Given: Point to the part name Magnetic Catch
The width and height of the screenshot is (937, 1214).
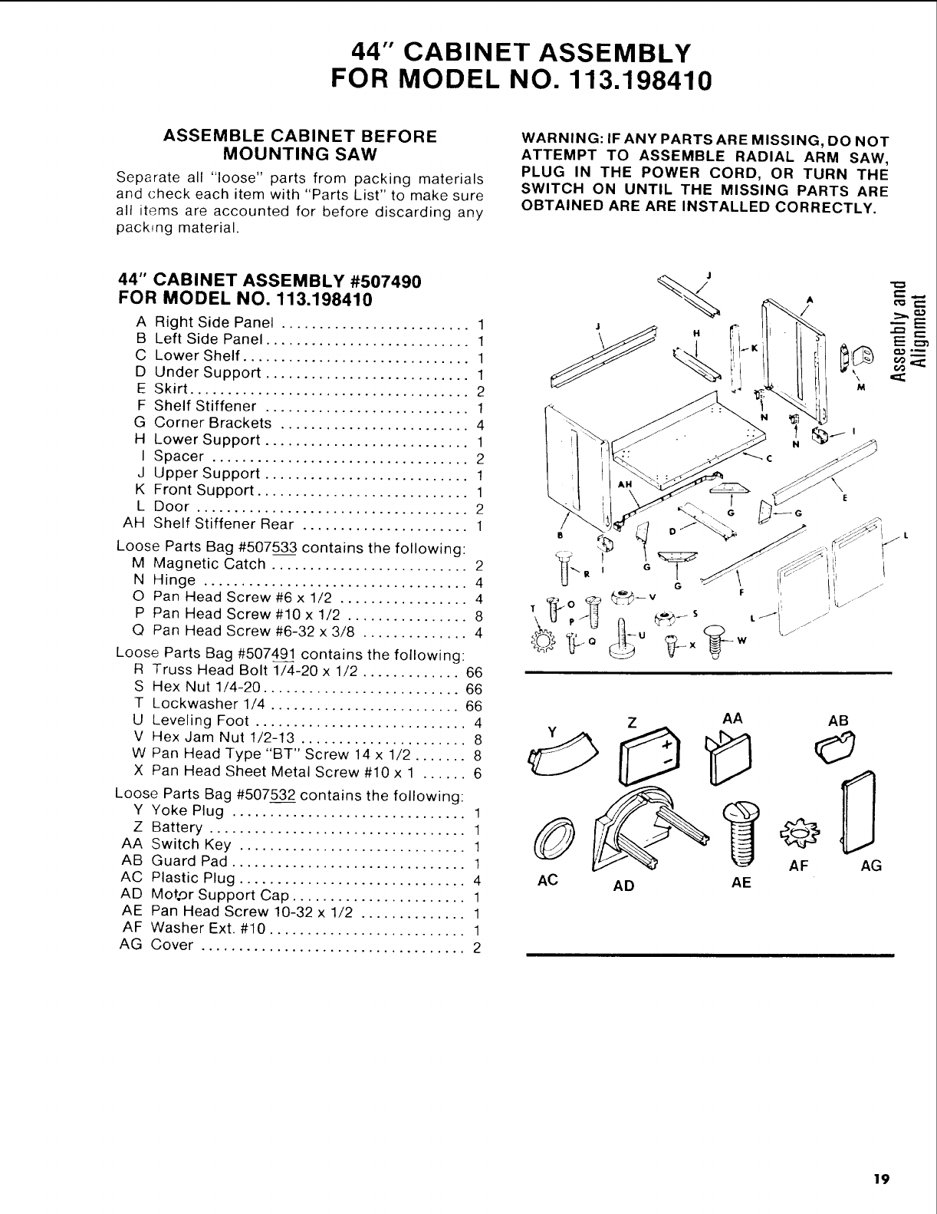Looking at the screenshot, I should pos(209,564).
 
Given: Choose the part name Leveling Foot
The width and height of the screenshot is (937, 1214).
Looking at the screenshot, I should pos(201,721).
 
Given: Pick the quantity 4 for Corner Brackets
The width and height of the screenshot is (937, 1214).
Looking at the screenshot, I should pos(478,424).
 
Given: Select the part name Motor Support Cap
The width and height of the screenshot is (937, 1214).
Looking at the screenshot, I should pos(219,895).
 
